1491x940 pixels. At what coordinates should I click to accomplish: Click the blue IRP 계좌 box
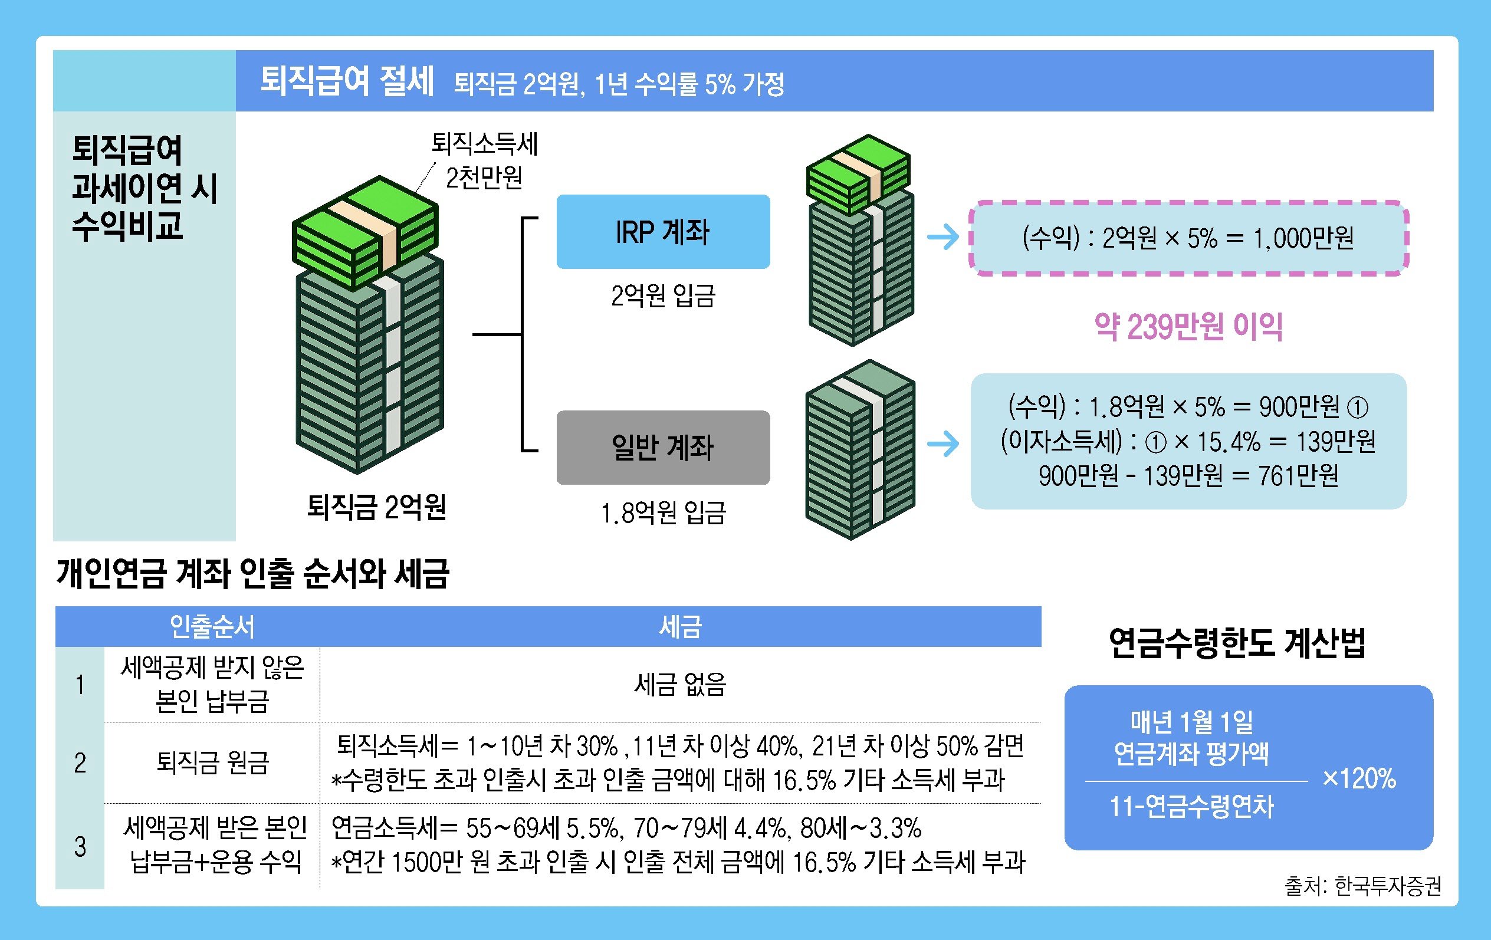(662, 232)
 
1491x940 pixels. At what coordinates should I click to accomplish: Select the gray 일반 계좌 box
(662, 447)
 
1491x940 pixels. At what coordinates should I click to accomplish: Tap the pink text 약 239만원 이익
(1188, 327)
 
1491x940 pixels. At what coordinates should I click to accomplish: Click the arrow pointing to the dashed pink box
(942, 236)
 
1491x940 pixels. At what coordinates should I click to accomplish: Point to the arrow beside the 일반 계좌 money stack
(942, 443)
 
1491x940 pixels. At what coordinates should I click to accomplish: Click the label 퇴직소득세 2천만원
(484, 161)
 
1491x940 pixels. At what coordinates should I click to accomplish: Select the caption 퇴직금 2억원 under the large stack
(376, 507)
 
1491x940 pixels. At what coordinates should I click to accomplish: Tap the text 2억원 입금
(662, 296)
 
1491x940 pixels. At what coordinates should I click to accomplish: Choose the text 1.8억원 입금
(662, 512)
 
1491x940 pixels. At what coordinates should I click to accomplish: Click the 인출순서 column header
(212, 627)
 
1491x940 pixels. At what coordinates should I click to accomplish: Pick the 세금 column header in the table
(680, 627)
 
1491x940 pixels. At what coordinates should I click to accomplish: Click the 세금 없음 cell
(680, 684)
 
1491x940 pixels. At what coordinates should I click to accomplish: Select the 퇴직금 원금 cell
(212, 762)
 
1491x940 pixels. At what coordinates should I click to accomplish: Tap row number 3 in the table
(80, 846)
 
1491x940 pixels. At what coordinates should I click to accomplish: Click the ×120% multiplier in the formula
(1358, 779)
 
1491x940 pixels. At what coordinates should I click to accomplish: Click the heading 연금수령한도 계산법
(1237, 643)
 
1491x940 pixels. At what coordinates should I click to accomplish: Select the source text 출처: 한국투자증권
(1362, 886)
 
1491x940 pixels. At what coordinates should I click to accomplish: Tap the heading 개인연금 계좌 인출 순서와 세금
(252, 573)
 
